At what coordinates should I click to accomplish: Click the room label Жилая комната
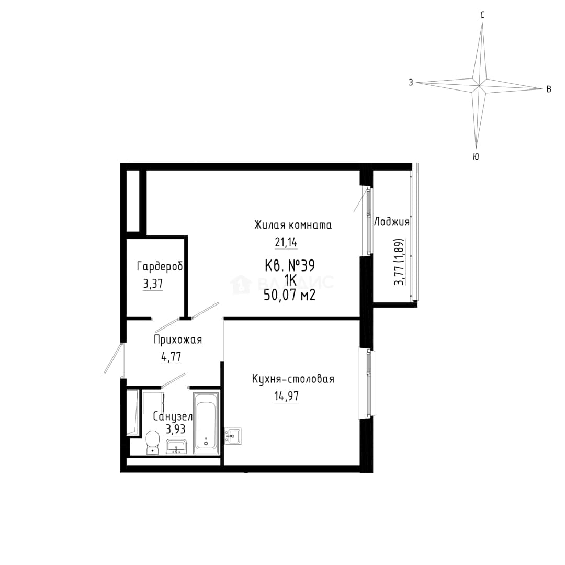click(293, 225)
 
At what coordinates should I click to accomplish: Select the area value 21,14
click(286, 243)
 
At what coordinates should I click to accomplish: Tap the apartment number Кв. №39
click(290, 266)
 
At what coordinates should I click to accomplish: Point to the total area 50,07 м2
click(290, 296)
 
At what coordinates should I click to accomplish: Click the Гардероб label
click(160, 267)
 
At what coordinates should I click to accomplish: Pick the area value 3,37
click(153, 284)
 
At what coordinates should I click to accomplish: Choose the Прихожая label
click(178, 340)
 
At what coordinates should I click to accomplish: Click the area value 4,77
click(171, 357)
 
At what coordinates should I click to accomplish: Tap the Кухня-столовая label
click(293, 379)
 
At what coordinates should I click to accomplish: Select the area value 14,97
click(287, 397)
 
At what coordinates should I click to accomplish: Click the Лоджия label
click(392, 222)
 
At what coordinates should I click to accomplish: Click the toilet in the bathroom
click(153, 442)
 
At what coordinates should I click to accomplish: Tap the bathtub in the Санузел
click(206, 423)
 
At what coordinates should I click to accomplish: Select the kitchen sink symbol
click(233, 436)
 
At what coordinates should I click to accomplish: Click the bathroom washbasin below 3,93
click(176, 446)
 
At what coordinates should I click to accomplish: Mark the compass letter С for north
click(482, 15)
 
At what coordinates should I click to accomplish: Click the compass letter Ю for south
click(476, 157)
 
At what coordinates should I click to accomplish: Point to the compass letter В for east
click(549, 89)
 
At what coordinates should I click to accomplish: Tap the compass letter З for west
click(411, 83)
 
